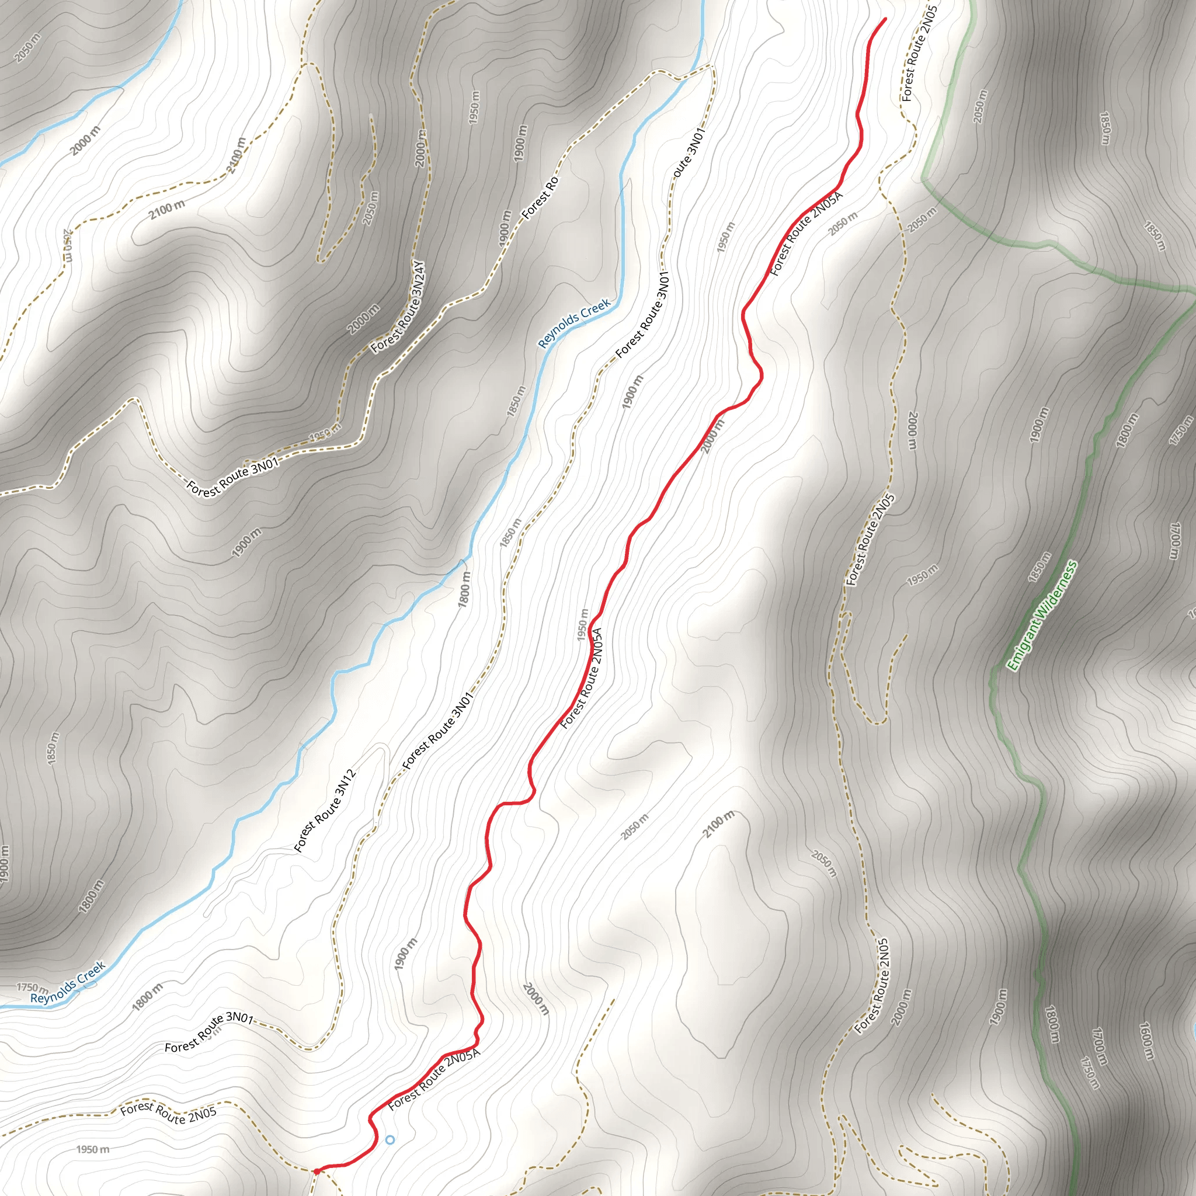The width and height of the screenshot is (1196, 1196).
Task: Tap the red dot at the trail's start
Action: pos(317,1171)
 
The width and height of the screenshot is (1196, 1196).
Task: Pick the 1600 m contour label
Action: pos(1146,1041)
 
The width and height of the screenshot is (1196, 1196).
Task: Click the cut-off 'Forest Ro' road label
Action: pos(540,198)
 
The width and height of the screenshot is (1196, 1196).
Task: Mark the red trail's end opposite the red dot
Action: pos(885,19)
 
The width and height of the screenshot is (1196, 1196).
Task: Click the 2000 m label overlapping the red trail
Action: pos(712,436)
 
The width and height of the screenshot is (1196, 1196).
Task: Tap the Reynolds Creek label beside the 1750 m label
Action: pos(68,982)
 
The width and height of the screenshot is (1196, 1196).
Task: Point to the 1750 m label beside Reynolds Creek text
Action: pos(32,988)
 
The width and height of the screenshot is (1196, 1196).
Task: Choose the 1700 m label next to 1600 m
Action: pos(1098,1042)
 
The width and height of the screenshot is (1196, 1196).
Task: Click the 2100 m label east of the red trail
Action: pos(719,824)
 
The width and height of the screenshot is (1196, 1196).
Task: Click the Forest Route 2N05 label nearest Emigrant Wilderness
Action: pos(870,539)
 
